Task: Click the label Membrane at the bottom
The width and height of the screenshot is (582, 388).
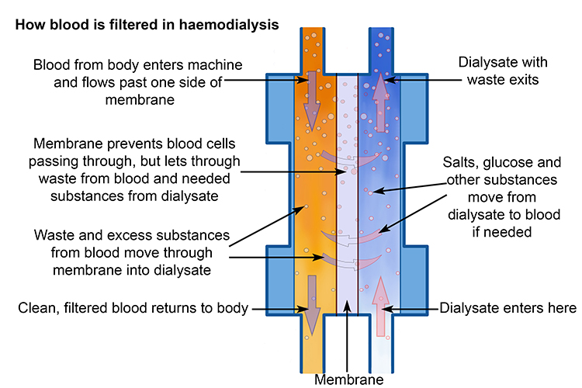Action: click(347, 379)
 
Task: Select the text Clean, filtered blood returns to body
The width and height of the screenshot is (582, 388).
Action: click(133, 308)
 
